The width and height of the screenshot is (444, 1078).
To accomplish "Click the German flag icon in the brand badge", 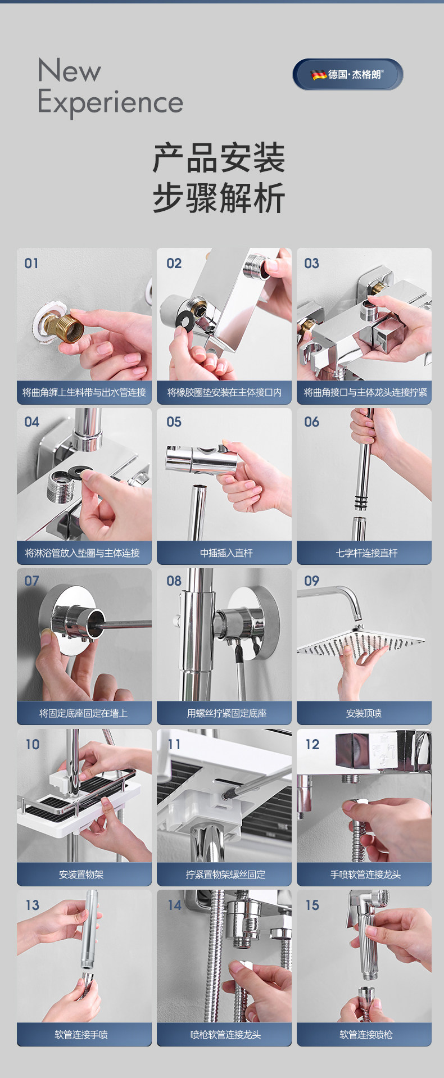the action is [x=319, y=75].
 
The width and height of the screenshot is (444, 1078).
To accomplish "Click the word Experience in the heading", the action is [x=110, y=103].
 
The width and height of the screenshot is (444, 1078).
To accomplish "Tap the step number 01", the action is [x=31, y=263].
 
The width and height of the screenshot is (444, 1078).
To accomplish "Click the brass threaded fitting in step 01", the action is [x=64, y=325].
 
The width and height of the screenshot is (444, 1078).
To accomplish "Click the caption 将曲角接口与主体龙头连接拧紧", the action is [x=365, y=392].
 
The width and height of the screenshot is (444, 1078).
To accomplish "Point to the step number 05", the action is [x=174, y=422].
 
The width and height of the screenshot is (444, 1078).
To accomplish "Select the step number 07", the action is [x=31, y=581].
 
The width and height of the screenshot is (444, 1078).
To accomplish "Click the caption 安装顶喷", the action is [x=364, y=713].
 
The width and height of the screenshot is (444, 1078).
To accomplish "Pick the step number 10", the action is [x=32, y=745].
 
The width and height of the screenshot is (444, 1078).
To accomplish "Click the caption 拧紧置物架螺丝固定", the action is [x=225, y=875].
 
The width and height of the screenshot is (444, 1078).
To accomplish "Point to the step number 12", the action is [x=312, y=745].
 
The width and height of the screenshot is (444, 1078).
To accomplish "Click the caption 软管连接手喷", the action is [x=81, y=1035].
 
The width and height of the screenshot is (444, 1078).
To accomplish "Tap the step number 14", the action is [x=175, y=905].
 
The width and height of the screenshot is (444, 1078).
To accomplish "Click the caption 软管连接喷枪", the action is [x=366, y=1035].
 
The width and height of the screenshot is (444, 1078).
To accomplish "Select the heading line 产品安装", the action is [x=219, y=158].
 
